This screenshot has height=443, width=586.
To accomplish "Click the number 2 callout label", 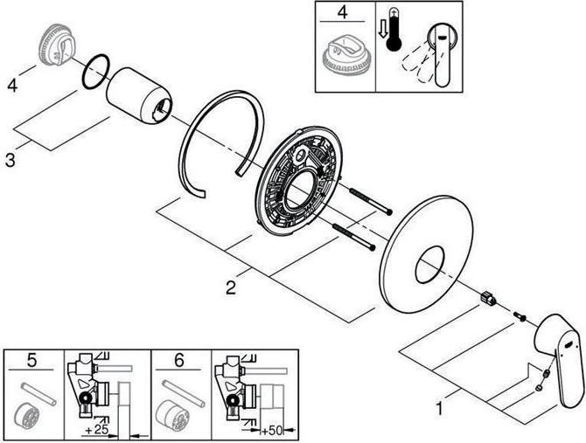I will pos(231,287).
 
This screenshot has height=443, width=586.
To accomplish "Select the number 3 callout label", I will pos(10,161).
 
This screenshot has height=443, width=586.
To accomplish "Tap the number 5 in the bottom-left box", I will pos(33,358).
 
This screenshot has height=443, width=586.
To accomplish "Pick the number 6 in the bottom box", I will pos(180,358).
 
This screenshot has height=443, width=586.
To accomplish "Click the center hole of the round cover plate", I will pos(429,265).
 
